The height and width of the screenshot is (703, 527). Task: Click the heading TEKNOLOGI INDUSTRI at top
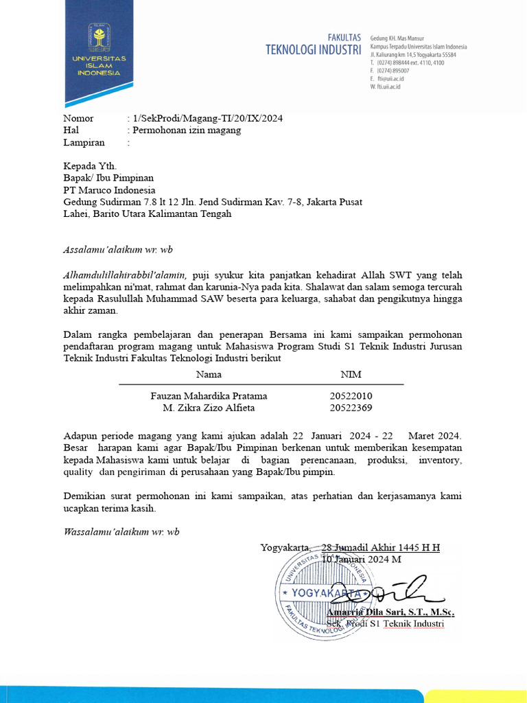point(313,49)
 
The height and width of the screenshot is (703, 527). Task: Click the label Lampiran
point(84,143)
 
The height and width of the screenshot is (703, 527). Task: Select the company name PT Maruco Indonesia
point(109,190)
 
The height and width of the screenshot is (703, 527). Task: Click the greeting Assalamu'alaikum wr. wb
point(114,249)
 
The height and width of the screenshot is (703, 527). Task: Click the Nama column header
point(209,375)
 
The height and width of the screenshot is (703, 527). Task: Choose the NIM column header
point(351,375)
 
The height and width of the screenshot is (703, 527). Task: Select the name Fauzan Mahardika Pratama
point(209,396)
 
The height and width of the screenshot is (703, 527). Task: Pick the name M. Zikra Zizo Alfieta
point(209,408)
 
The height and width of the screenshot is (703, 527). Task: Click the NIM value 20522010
point(351,396)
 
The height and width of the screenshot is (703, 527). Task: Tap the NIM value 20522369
point(351,408)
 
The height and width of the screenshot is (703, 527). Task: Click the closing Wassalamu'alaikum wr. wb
point(121,532)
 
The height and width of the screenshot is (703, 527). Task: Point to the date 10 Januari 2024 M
point(362,559)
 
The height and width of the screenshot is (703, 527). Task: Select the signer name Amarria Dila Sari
point(370,612)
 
